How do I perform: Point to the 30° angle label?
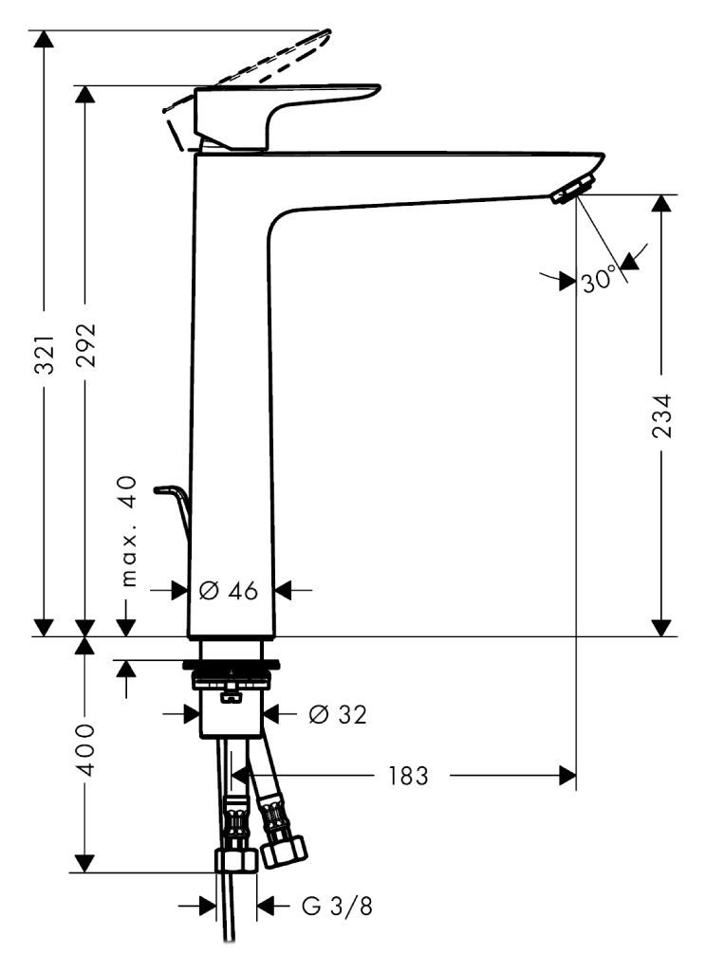600,280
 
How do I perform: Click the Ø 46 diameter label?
229,590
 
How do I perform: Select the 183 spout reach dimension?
407,777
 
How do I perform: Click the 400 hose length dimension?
85,749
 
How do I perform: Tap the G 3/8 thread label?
337,907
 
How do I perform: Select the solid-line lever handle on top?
285,104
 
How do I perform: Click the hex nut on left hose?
235,860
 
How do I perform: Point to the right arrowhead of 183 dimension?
567,777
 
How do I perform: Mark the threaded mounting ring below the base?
232,679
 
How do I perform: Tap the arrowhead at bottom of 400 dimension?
85,862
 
